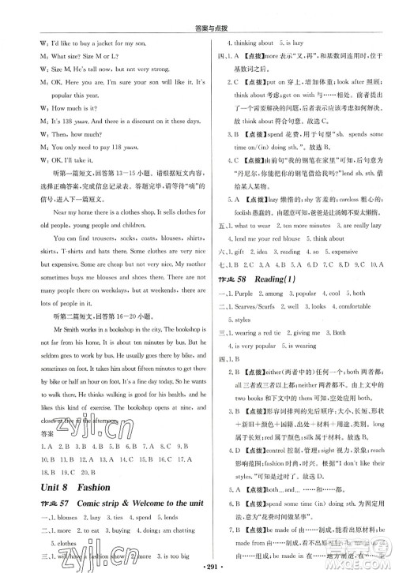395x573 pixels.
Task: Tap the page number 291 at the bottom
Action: point(197,564)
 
